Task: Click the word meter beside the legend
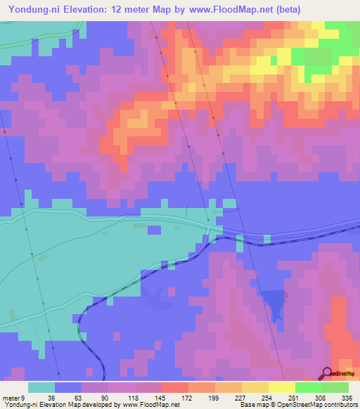pyautogui.click(x=11, y=398)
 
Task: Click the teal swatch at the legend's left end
pyautogui.click(x=41, y=387)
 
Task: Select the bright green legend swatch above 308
pyautogui.click(x=308, y=387)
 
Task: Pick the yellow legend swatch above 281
pyautogui.click(x=281, y=387)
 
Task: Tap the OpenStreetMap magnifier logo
pyautogui.click(x=327, y=373)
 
